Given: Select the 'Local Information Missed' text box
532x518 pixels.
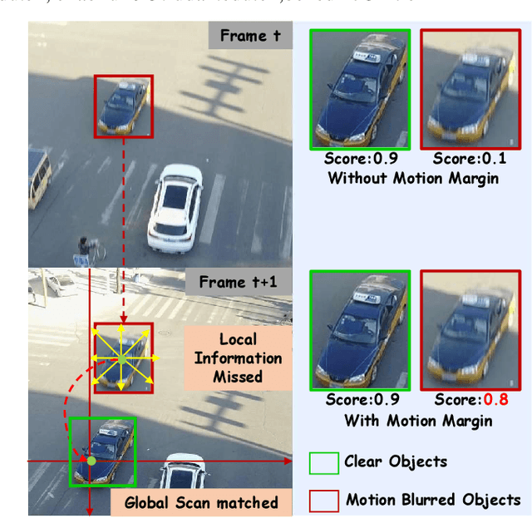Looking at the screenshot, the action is click(x=239, y=358).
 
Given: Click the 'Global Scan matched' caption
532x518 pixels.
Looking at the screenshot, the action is click(x=201, y=502).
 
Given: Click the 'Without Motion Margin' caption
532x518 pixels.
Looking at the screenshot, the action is click(x=413, y=178).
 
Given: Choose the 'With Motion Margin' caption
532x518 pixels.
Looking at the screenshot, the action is click(x=418, y=421).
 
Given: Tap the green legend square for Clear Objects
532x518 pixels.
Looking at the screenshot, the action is click(x=323, y=462).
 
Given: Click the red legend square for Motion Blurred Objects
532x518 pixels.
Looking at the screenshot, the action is click(x=323, y=501).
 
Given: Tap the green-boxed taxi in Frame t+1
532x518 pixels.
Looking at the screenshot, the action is click(x=102, y=449).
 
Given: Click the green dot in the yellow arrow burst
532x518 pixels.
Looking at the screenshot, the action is click(x=122, y=358).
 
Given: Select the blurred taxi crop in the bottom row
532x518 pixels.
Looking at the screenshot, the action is click(x=470, y=328).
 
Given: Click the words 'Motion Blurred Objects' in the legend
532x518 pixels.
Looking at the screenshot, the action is click(x=432, y=501).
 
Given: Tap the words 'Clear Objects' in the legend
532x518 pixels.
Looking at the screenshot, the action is click(x=396, y=462).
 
